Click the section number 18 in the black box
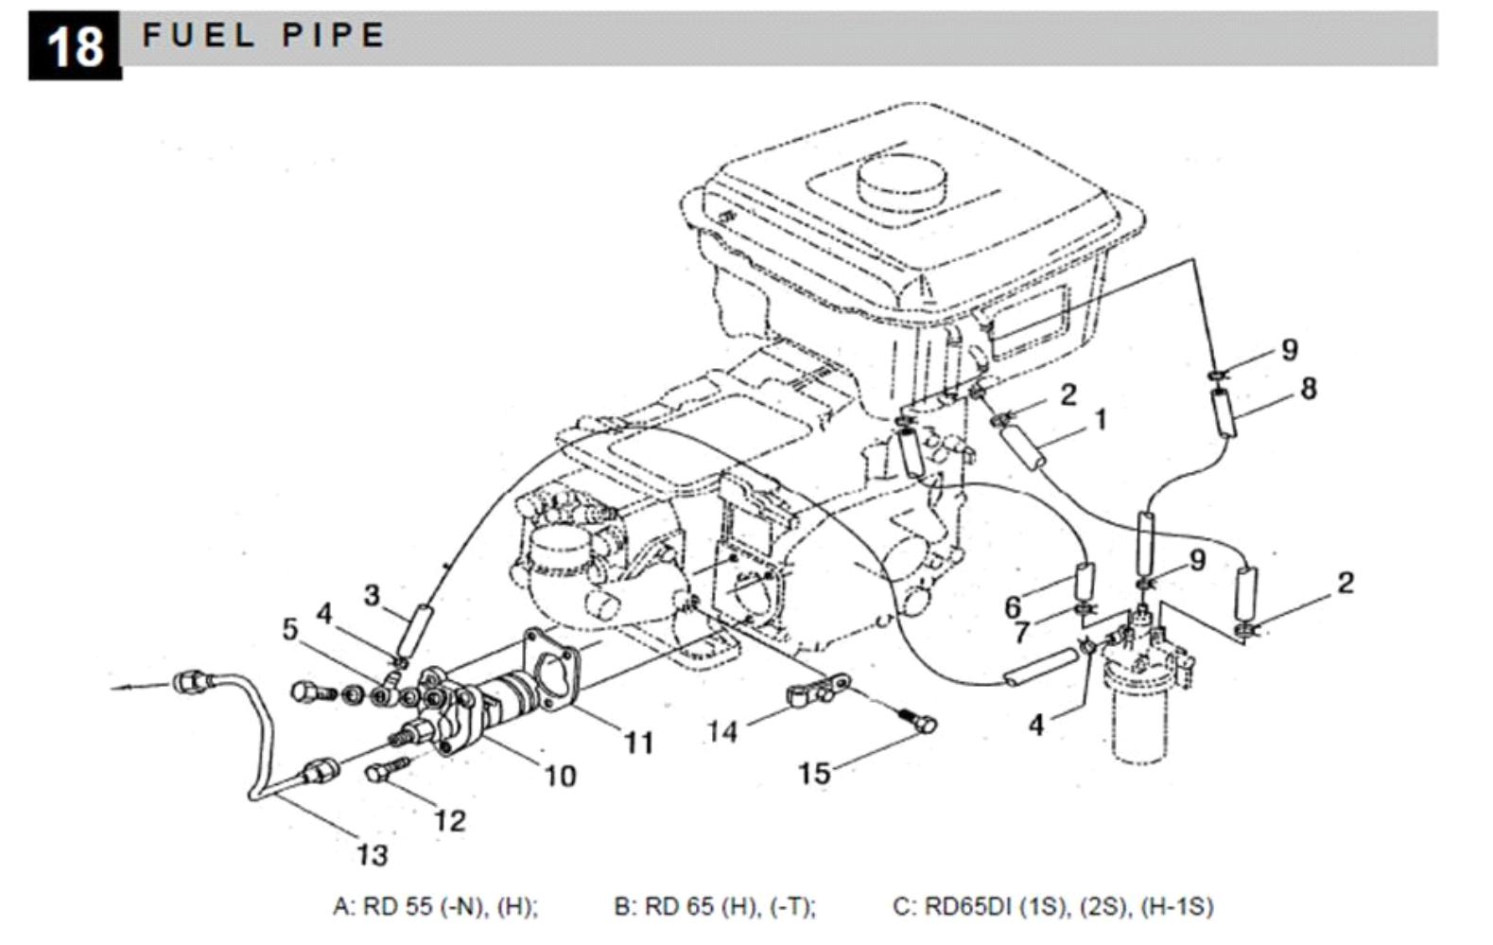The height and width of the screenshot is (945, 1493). click(x=75, y=45)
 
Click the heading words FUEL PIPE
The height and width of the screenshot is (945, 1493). click(x=263, y=36)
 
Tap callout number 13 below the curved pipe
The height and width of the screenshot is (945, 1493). click(x=372, y=855)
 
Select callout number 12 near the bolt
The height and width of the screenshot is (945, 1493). click(x=449, y=820)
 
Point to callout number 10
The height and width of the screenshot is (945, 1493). click(x=560, y=776)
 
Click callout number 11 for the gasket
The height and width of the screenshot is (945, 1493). click(x=638, y=743)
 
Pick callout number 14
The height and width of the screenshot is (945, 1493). click(x=722, y=730)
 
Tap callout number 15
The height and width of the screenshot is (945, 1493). click(x=813, y=773)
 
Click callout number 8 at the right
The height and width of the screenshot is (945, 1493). click(x=1308, y=388)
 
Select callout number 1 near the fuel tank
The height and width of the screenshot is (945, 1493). click(x=1100, y=419)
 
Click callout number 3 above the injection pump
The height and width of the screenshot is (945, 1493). click(x=372, y=595)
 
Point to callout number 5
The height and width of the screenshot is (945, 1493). click(x=289, y=629)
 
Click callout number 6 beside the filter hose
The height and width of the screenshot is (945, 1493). click(x=1013, y=606)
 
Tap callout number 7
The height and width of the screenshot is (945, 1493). click(x=1022, y=633)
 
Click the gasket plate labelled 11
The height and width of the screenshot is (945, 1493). click(x=551, y=669)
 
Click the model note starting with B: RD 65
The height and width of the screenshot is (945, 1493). click(x=715, y=906)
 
